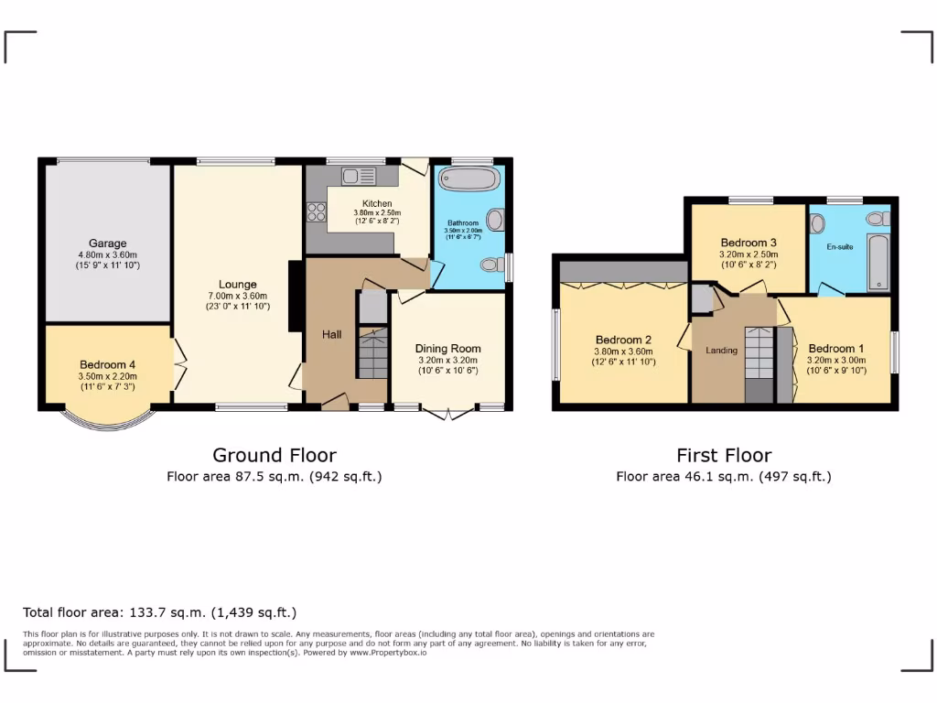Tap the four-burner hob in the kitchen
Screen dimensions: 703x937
pyautogui.click(x=317, y=212)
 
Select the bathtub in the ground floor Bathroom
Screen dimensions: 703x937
pyautogui.click(x=467, y=178)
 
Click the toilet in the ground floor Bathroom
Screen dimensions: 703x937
pyautogui.click(x=492, y=265)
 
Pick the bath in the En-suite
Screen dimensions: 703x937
pyautogui.click(x=878, y=262)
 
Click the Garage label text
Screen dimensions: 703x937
pyautogui.click(x=107, y=243)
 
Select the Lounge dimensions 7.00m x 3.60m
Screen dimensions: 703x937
pyautogui.click(x=237, y=296)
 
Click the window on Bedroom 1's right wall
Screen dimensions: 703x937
pyautogui.click(x=894, y=352)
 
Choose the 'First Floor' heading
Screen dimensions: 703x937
pyautogui.click(x=724, y=455)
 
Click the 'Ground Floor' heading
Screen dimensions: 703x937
pyautogui.click(x=274, y=455)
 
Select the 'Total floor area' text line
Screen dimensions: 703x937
pyautogui.click(x=159, y=612)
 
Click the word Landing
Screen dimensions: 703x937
pyautogui.click(x=721, y=350)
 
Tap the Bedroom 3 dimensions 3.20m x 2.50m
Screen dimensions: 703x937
pyautogui.click(x=749, y=254)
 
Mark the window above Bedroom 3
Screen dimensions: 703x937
pyautogui.click(x=750, y=199)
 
